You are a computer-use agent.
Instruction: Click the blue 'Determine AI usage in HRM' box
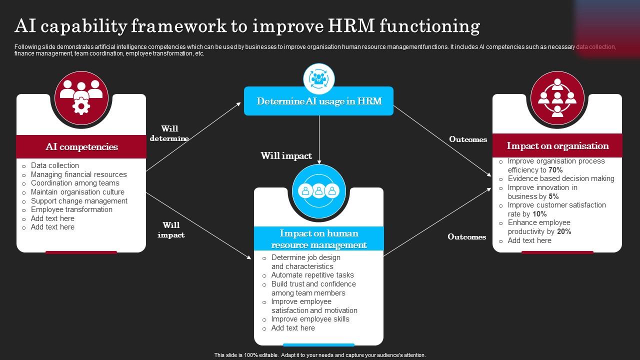click(x=318, y=101)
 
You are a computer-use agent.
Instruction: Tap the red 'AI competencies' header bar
click(x=81, y=146)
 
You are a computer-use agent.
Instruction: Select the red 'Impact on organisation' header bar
click(x=557, y=145)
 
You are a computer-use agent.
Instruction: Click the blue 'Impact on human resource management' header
click(x=318, y=239)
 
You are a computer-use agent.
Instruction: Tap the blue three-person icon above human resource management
click(x=318, y=190)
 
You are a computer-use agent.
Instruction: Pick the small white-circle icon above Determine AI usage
click(x=318, y=78)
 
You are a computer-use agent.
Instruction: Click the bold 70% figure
click(x=555, y=170)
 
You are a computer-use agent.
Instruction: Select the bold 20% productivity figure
click(x=564, y=231)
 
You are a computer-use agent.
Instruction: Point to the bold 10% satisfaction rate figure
click(x=539, y=214)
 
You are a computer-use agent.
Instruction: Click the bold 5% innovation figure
click(x=553, y=196)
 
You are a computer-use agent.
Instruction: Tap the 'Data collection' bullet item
click(x=55, y=165)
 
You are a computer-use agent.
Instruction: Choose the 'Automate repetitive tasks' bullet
click(x=312, y=275)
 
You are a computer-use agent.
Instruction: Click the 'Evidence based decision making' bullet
click(x=561, y=178)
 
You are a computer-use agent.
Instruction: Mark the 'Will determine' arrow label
click(x=169, y=133)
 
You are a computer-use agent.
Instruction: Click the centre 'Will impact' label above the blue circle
click(x=286, y=156)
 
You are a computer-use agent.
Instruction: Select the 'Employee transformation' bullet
click(x=71, y=209)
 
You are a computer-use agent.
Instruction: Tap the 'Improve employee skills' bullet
click(x=310, y=319)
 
